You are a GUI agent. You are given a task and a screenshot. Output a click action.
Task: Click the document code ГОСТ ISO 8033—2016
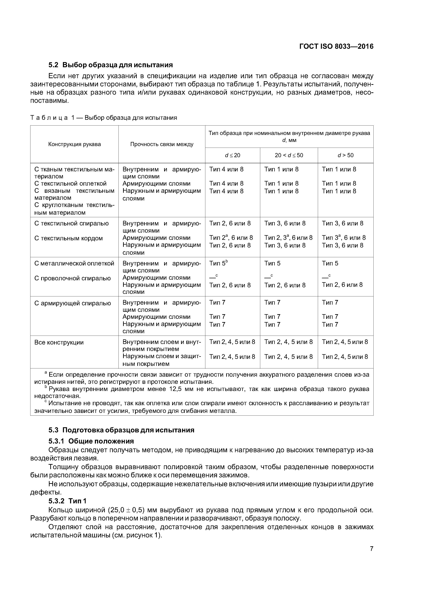tap(336, 47)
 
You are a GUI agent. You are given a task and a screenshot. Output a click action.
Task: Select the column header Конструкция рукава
tap(74, 144)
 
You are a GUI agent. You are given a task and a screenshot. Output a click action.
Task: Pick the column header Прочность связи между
tap(162, 144)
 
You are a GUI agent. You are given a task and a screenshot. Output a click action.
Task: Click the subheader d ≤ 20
tap(233, 155)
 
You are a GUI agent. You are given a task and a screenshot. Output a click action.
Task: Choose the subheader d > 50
tap(345, 155)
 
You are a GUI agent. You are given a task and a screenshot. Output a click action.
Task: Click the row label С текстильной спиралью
tap(71, 223)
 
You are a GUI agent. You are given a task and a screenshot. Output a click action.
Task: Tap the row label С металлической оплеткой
tap(74, 263)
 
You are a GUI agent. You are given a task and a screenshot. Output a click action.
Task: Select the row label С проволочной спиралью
tap(72, 278)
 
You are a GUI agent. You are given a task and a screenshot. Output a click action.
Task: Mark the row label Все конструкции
tap(59, 342)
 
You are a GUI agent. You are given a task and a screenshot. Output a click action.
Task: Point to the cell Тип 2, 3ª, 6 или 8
tap(288, 238)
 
